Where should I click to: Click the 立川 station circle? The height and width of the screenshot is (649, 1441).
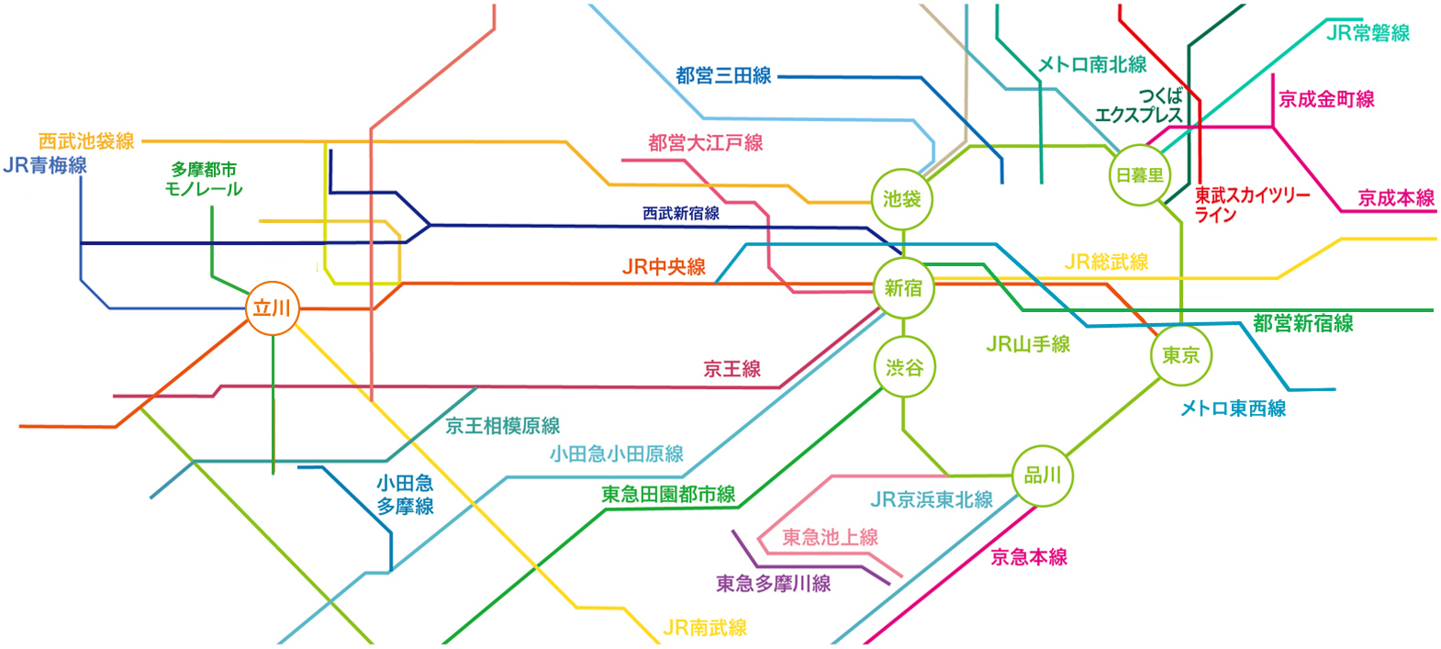click(x=273, y=308)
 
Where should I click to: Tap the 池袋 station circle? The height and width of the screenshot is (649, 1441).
click(x=902, y=198)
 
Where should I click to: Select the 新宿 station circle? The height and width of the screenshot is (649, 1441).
click(x=903, y=288)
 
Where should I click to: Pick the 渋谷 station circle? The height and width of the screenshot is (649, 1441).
click(x=904, y=368)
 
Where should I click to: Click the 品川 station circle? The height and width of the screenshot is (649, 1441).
click(x=1043, y=476)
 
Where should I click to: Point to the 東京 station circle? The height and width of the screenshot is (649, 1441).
click(x=1180, y=355)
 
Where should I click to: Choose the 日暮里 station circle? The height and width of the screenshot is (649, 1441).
click(x=1139, y=175)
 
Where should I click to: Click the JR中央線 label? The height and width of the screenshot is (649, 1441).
click(x=664, y=267)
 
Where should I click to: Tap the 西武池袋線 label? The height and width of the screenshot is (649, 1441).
click(x=86, y=141)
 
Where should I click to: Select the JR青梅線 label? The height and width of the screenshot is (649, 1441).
click(x=45, y=165)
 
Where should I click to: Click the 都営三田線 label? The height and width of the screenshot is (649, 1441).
click(x=723, y=76)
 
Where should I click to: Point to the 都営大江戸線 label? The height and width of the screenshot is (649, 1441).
click(x=705, y=143)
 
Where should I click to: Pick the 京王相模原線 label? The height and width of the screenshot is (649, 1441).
click(x=502, y=426)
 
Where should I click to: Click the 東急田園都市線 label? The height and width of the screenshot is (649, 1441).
click(x=668, y=495)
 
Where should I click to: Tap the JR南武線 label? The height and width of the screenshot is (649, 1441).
click(x=704, y=628)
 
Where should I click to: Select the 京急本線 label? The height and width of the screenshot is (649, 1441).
click(x=1029, y=557)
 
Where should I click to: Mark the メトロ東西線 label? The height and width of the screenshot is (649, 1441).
click(x=1233, y=408)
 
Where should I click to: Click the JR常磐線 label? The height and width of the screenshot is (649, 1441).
click(x=1368, y=33)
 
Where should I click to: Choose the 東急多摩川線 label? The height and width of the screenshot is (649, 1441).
click(x=773, y=584)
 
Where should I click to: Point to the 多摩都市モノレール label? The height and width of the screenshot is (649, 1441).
click(x=204, y=179)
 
